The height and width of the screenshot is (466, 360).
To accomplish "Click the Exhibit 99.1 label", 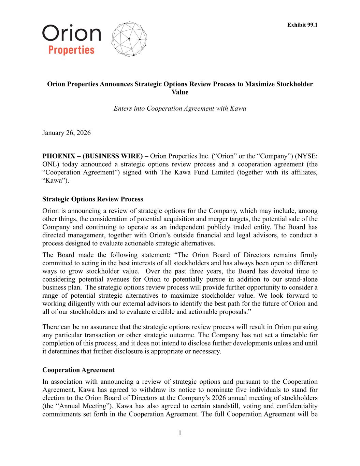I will (x=302, y=25).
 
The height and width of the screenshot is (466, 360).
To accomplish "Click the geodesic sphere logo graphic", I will (x=129, y=39).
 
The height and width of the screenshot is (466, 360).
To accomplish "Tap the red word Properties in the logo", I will (x=71, y=50).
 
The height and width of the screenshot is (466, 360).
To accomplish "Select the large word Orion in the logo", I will (x=72, y=33).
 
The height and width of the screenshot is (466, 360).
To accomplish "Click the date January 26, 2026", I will (x=67, y=133).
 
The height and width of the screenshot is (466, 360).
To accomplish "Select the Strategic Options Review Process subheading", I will (x=93, y=199).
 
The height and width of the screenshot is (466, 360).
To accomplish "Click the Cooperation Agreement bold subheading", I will (x=78, y=370).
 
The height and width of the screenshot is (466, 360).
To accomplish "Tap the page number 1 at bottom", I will (x=180, y=433).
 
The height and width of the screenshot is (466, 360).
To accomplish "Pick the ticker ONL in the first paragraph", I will (x=49, y=165).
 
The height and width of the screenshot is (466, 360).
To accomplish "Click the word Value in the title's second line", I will (x=180, y=92).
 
